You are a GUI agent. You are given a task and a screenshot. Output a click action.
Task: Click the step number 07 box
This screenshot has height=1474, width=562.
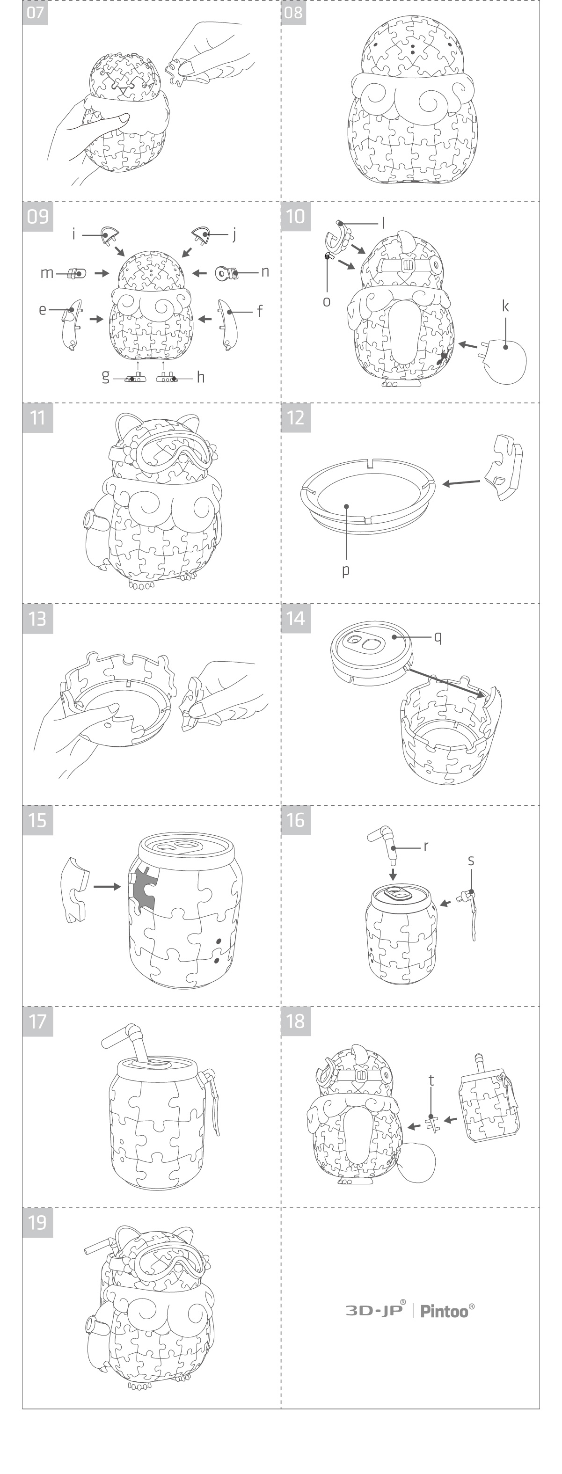point(35,13)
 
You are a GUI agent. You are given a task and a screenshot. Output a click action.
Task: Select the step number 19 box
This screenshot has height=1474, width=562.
point(37,1222)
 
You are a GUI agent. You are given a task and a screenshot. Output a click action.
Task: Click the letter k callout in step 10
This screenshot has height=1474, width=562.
point(505,306)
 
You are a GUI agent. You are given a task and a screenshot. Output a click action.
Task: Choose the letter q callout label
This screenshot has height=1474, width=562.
point(438,637)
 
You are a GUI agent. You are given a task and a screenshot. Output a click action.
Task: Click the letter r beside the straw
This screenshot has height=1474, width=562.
point(426,846)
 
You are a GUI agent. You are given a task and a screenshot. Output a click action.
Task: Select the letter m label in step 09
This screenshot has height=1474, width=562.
point(46,273)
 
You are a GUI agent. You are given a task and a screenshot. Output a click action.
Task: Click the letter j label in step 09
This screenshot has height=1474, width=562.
point(234,234)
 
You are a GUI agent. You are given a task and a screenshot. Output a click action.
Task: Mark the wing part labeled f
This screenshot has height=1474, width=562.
point(226,327)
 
